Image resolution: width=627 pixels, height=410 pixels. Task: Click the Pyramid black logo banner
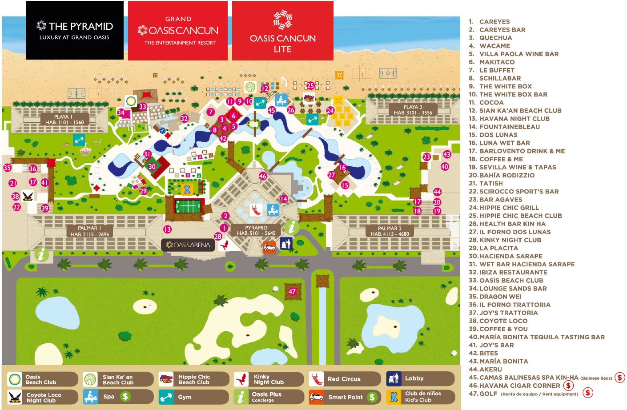[74, 30]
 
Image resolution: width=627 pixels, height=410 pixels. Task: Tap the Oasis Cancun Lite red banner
[282, 31]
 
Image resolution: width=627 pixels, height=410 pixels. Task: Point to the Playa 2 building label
[413, 110]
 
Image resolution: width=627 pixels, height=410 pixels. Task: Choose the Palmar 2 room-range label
[390, 231]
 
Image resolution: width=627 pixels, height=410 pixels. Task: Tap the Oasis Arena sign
[188, 245]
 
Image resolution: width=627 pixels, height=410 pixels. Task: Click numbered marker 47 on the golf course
[292, 292]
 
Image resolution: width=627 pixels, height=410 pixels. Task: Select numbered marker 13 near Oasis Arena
[167, 229]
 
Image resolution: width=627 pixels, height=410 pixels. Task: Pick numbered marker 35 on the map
[7, 168]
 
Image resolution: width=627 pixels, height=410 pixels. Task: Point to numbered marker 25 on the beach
[310, 86]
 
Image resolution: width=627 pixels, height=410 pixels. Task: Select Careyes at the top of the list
[494, 21]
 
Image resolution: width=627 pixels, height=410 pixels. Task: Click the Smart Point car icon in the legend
[317, 397]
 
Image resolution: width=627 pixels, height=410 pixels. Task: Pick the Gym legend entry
[184, 397]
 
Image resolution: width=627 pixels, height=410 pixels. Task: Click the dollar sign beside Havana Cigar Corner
[568, 386]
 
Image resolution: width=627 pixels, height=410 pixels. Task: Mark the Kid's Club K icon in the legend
[394, 397]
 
